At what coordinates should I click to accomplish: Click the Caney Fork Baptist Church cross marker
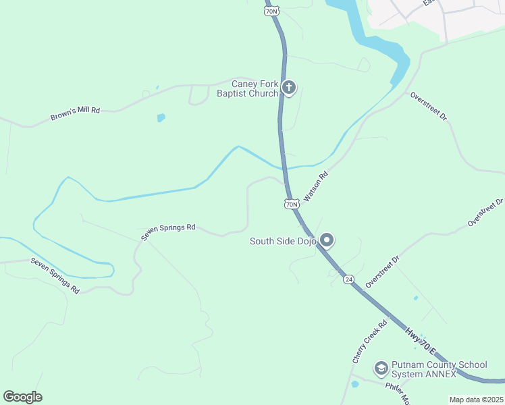click(x=289, y=87)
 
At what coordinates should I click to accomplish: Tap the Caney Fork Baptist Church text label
click(x=247, y=88)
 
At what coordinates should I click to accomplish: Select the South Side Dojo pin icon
click(x=327, y=240)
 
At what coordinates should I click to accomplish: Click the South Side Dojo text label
click(x=283, y=241)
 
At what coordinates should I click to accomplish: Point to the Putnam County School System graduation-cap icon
click(x=380, y=368)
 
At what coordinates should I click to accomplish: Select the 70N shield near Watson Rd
click(x=291, y=204)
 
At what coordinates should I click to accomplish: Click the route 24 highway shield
click(x=348, y=279)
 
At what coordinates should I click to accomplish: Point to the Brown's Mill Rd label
click(x=75, y=113)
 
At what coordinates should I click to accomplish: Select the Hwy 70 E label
click(x=421, y=342)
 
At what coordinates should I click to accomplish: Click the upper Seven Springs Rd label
click(x=168, y=232)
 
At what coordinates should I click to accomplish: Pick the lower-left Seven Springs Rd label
click(x=55, y=275)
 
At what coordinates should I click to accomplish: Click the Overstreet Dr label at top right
click(x=429, y=107)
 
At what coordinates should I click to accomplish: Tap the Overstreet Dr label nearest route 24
click(x=383, y=271)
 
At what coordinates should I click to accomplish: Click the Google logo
click(x=22, y=397)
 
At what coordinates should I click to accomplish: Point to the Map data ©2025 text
click(x=477, y=400)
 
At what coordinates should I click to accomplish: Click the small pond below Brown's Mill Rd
click(x=161, y=118)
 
